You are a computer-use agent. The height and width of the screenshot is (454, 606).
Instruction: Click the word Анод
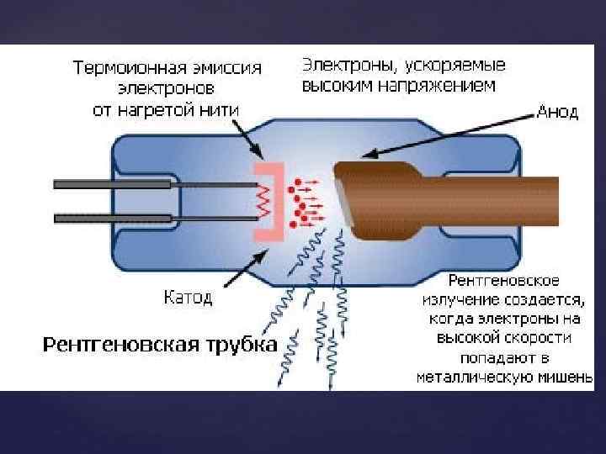(x=557, y=113)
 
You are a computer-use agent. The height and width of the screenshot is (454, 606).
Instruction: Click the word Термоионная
(x=120, y=67)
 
